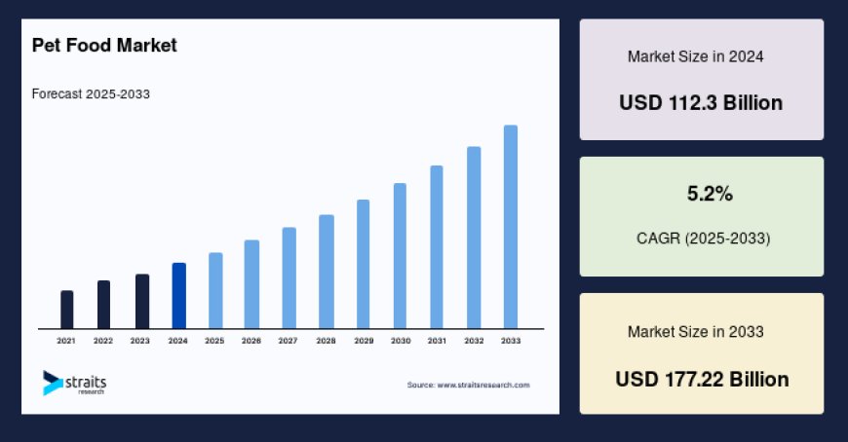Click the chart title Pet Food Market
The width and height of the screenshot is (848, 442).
tap(104, 46)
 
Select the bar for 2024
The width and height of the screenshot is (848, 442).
tap(178, 295)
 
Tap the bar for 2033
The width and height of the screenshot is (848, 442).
tap(510, 226)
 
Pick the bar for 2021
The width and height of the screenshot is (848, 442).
tap(66, 309)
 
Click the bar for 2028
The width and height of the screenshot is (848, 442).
tap(327, 271)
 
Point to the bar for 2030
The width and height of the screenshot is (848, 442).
tap(400, 255)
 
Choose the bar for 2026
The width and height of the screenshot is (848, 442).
tap(251, 283)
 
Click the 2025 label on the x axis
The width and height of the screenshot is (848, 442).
tap(214, 341)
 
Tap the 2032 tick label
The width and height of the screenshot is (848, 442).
tap(474, 341)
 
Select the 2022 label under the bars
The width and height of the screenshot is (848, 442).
tap(103, 341)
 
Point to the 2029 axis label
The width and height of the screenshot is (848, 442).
tap(363, 341)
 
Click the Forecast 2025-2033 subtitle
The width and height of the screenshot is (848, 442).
tap(91, 94)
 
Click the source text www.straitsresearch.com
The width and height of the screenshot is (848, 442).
tap(468, 386)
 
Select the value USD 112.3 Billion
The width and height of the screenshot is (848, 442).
tap(701, 102)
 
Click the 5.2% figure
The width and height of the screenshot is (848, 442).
tap(710, 195)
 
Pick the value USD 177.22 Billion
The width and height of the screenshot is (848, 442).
tap(702, 379)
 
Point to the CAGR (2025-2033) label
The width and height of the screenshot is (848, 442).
tap(702, 238)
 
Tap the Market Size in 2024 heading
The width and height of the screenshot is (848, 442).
tap(695, 56)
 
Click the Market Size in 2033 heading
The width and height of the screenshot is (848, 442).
tap(695, 332)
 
